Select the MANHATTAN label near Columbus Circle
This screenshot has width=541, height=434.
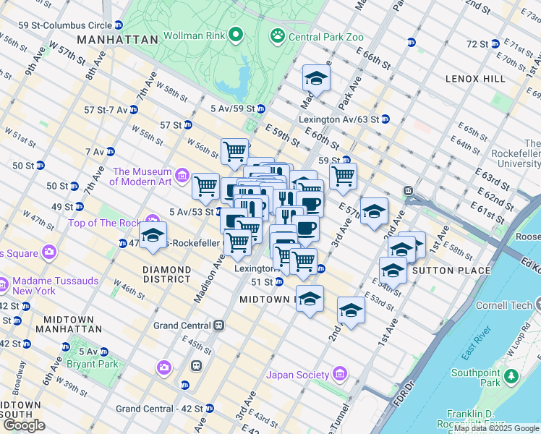pyautogui.click(x=116, y=39)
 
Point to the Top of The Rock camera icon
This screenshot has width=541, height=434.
pyautogui.click(x=152, y=220)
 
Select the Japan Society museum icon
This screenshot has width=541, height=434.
pyautogui.click(x=339, y=375)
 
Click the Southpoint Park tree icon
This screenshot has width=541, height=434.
pyautogui.click(x=512, y=376)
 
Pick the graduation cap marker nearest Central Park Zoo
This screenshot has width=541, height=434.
pyautogui.click(x=316, y=78)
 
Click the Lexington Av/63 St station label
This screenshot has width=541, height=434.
pyautogui.click(x=338, y=119)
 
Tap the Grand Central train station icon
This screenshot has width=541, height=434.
pyautogui.click(x=217, y=325)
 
